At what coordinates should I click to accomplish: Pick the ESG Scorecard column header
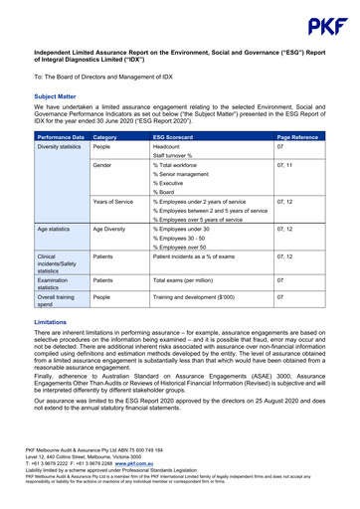tap(173, 135)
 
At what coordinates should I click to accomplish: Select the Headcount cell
tap(171, 146)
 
